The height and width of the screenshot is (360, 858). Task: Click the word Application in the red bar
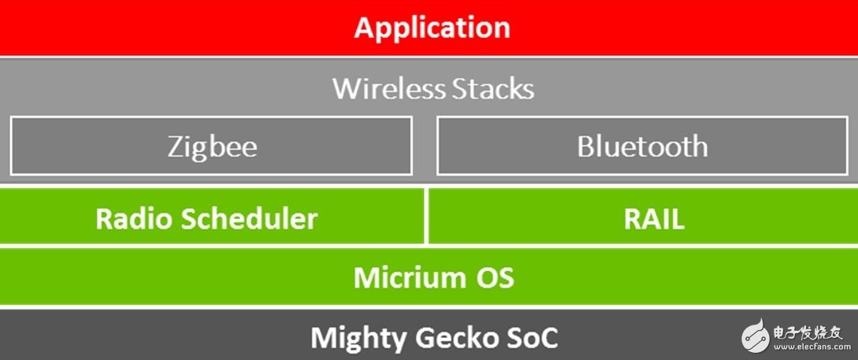coord(433,28)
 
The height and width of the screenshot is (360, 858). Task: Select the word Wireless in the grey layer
coord(382,88)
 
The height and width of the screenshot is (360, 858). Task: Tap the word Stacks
coord(485,88)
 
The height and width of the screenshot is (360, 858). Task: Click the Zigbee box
coord(211,146)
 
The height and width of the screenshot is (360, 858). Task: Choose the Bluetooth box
coord(642,146)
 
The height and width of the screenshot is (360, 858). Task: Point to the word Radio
coord(135,218)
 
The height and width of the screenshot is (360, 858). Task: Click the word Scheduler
coord(249,218)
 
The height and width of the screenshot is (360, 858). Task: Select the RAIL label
coord(654,218)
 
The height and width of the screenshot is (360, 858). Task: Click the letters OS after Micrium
coord(496,277)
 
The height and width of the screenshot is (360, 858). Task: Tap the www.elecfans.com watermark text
coord(807,347)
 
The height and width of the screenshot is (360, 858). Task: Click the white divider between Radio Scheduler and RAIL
coord(426,216)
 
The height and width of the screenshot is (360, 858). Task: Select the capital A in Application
coord(365,27)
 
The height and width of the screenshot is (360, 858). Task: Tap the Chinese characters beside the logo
coord(807,332)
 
